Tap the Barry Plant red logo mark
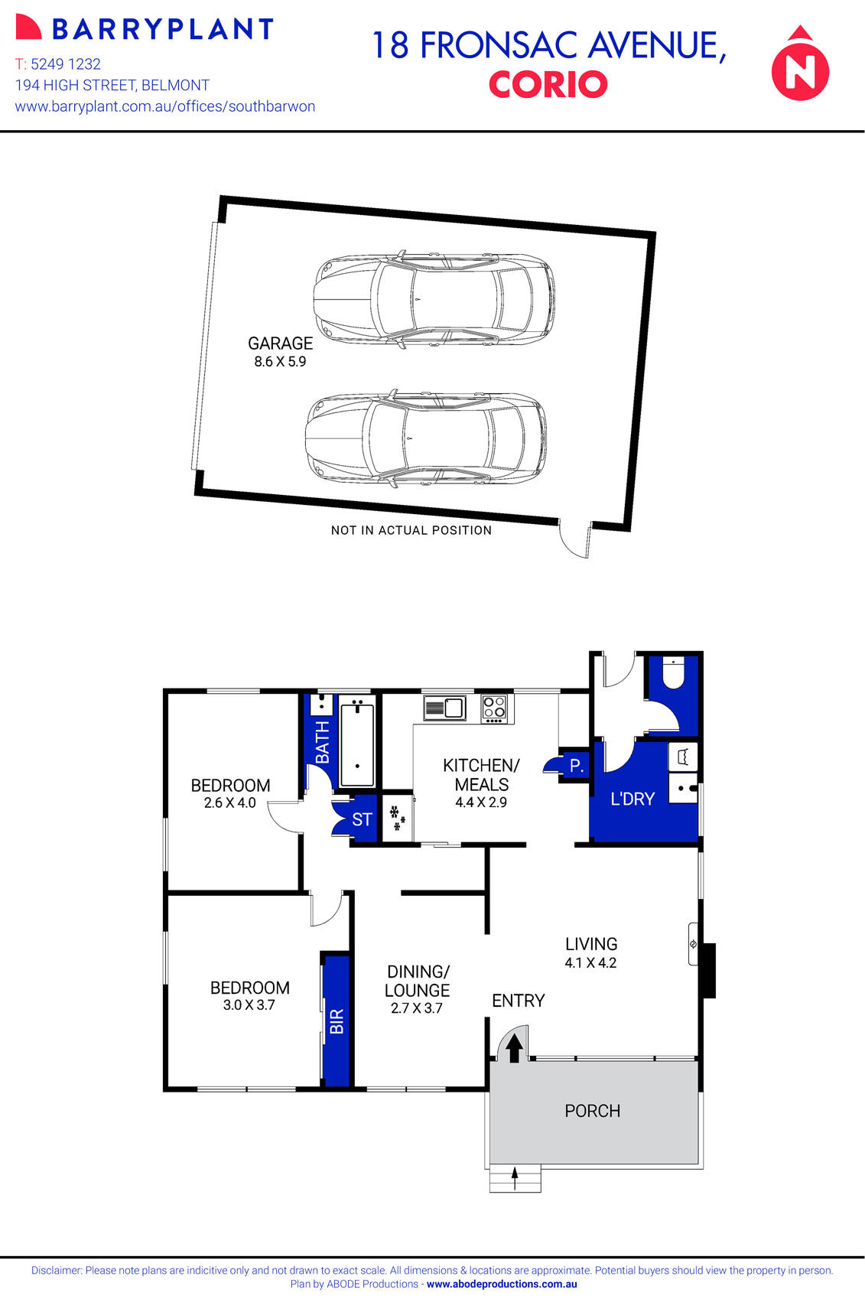click(x=28, y=28)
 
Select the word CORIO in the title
click(x=548, y=85)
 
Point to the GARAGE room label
click(x=280, y=343)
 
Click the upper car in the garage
click(x=434, y=298)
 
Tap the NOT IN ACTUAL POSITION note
click(x=411, y=530)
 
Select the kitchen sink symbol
click(x=444, y=708)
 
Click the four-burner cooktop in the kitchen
click(x=494, y=708)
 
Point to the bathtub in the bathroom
click(x=357, y=742)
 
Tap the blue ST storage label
click(x=362, y=819)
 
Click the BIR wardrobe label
click(x=337, y=1021)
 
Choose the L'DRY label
click(x=632, y=799)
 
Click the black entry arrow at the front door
click(x=515, y=1047)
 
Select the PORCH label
click(x=592, y=1111)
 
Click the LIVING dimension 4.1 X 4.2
click(x=590, y=963)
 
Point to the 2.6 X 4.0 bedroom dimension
click(x=229, y=803)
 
